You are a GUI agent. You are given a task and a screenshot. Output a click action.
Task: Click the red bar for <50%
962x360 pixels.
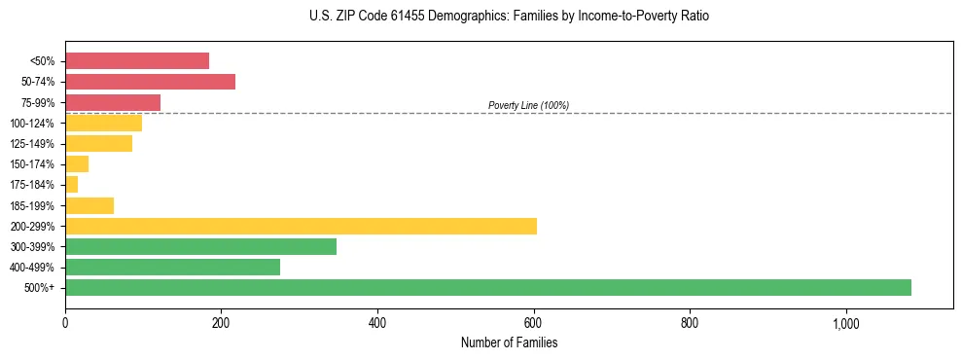(x=137, y=61)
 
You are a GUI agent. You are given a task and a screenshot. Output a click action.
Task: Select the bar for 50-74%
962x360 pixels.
(x=150, y=82)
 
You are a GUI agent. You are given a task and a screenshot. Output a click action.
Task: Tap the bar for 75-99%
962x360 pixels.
(x=113, y=102)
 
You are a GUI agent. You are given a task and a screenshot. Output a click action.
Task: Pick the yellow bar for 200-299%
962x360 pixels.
(x=301, y=226)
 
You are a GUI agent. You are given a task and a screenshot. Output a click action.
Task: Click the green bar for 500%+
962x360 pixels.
(x=488, y=287)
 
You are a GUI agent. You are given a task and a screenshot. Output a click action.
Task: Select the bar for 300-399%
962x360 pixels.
(x=200, y=246)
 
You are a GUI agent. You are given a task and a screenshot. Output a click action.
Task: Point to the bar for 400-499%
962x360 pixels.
(x=172, y=267)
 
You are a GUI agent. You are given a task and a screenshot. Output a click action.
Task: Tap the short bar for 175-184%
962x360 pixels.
(x=71, y=185)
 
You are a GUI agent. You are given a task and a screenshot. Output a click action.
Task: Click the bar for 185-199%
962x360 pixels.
(x=89, y=205)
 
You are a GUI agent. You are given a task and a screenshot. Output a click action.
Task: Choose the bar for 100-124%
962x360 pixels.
(x=103, y=123)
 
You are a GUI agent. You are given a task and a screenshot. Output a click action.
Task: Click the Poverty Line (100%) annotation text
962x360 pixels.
(x=528, y=105)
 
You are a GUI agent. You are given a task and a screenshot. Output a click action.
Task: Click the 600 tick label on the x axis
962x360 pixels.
(x=533, y=322)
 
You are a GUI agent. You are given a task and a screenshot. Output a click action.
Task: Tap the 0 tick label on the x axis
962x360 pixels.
(x=65, y=322)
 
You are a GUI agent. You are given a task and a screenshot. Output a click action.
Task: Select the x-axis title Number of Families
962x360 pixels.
(x=509, y=342)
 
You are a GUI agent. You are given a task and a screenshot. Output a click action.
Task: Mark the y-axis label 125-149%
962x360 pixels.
(x=32, y=144)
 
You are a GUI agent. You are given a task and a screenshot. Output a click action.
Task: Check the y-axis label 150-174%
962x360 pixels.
(x=32, y=164)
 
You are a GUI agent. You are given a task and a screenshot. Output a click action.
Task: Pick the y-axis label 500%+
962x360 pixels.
(x=40, y=288)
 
